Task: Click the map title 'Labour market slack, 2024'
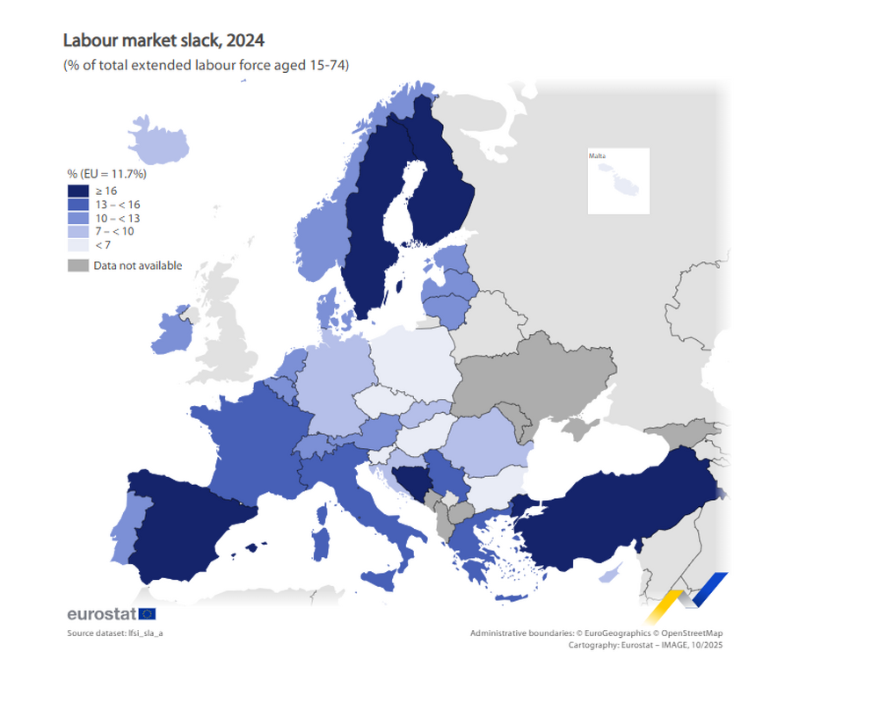(x=163, y=40)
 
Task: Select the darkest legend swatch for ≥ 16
(x=77, y=190)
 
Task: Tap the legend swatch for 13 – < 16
(x=77, y=204)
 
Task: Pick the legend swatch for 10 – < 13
(x=77, y=218)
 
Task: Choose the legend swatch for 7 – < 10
(x=77, y=232)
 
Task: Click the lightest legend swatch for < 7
(x=77, y=246)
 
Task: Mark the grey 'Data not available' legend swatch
(x=77, y=265)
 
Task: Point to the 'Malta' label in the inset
(x=598, y=156)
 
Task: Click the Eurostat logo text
(x=101, y=614)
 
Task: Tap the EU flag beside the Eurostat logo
(x=147, y=614)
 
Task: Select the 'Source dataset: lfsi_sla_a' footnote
(x=115, y=633)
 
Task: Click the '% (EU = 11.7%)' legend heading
(x=106, y=174)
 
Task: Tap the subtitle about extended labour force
(x=206, y=65)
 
